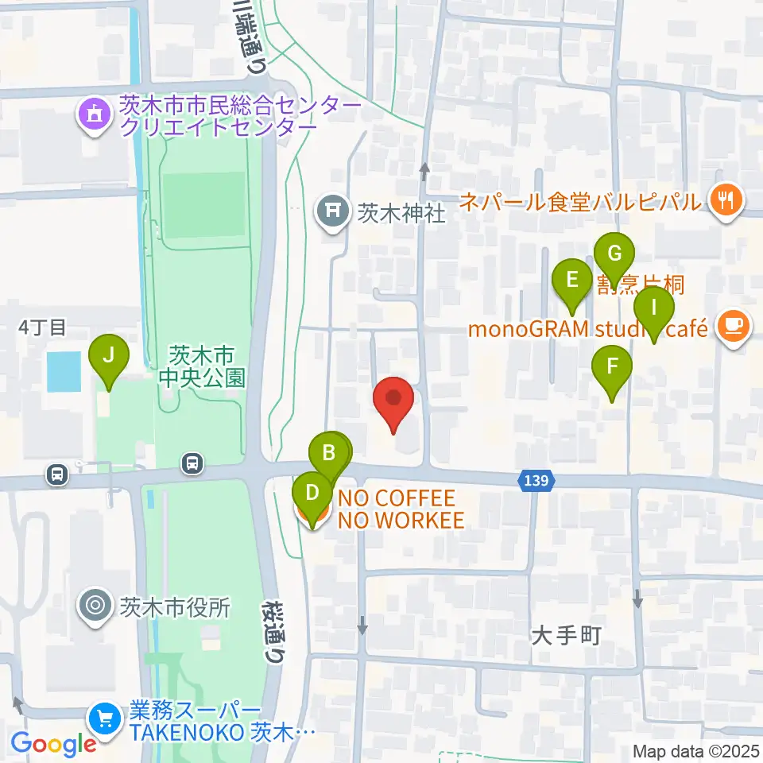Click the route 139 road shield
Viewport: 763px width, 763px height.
[x=534, y=481]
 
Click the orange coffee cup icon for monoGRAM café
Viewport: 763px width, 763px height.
[x=732, y=327]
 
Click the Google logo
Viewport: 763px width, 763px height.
[x=53, y=743]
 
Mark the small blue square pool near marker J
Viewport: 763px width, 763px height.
[x=64, y=371]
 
